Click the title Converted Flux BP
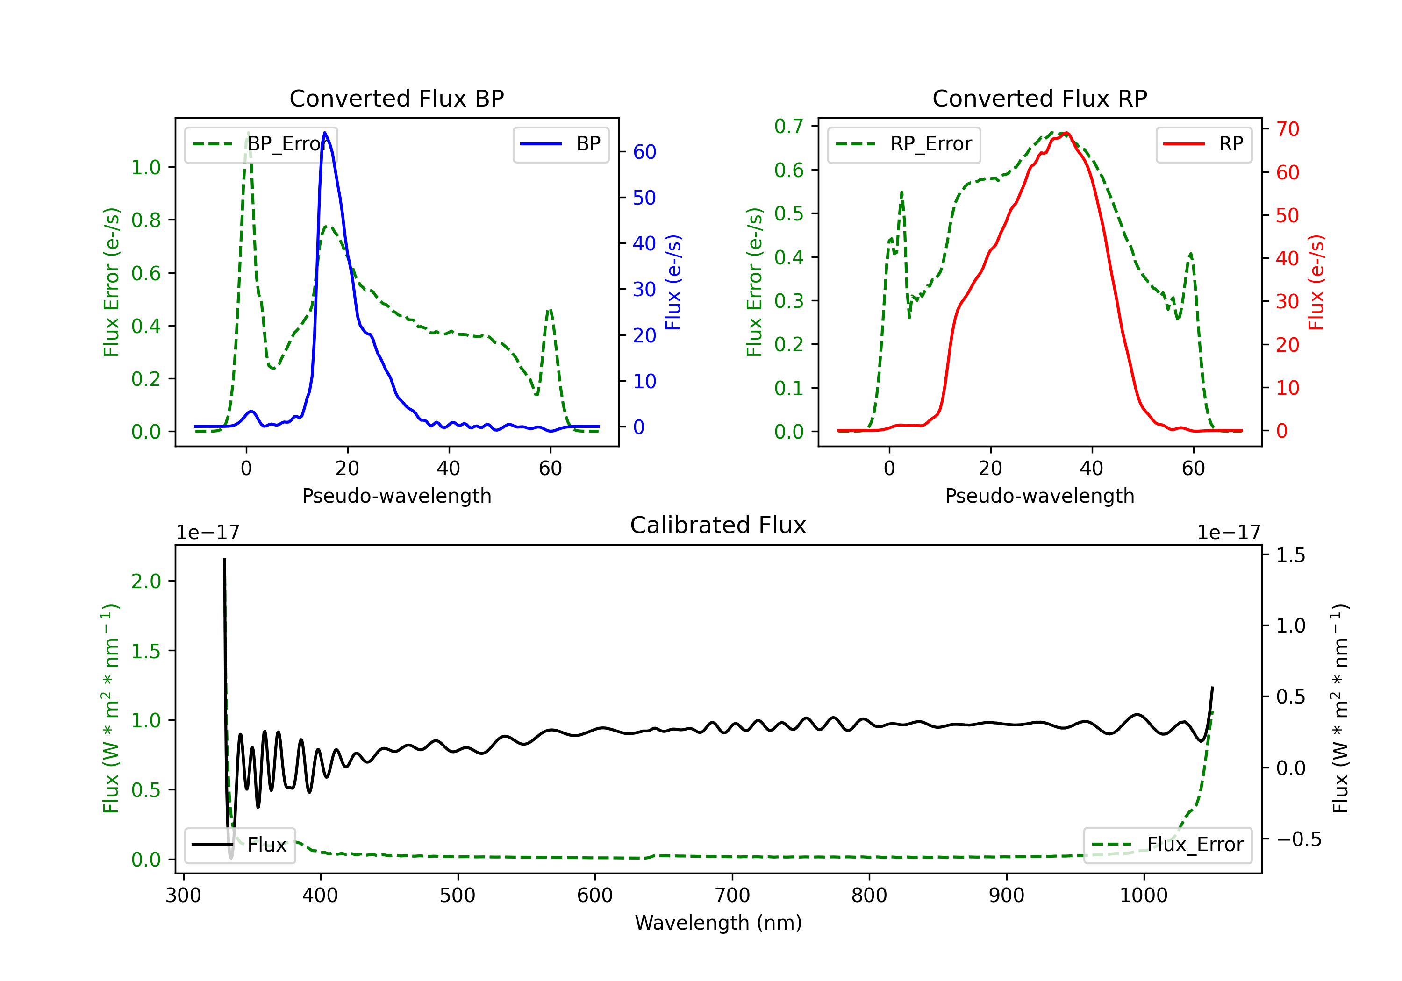[x=396, y=98]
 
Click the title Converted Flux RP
[x=1039, y=98]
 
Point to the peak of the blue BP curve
[x=325, y=133]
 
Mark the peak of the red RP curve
[x=1065, y=133]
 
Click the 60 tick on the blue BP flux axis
[x=644, y=152]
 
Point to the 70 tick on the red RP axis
[x=1287, y=129]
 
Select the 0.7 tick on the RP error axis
[x=788, y=127]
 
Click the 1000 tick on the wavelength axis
[x=1143, y=895]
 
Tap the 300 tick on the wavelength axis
[x=183, y=895]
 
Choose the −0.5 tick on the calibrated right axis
[x=1290, y=839]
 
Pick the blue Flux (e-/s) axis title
[x=673, y=282]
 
